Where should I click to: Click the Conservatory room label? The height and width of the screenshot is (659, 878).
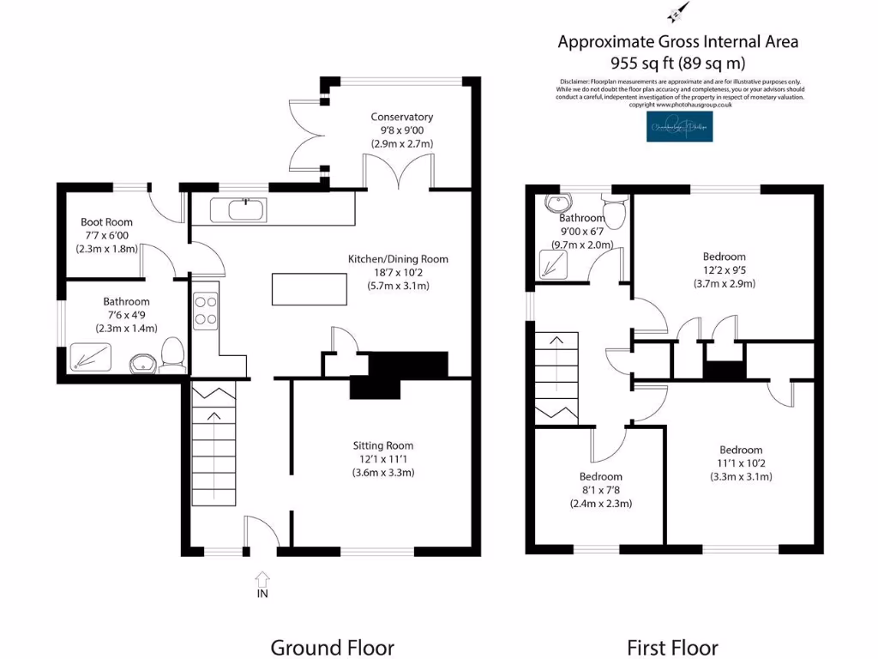pos(401,117)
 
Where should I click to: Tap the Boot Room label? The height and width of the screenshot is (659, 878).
pos(106,222)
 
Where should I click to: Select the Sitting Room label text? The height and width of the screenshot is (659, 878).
pos(382,445)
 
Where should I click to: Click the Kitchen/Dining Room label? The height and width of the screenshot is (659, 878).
pos(397,259)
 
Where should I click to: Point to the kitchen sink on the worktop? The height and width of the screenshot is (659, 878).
pos(245,208)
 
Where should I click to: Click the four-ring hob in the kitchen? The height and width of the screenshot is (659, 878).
pos(206,311)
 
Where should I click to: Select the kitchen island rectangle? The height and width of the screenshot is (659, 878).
pos(310,288)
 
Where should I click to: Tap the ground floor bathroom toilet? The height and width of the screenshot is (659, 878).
pos(174,353)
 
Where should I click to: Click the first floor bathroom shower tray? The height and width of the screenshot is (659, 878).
pos(559,263)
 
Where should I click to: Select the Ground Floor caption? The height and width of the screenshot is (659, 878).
pos(332,647)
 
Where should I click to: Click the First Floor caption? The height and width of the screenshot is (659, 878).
pos(672,647)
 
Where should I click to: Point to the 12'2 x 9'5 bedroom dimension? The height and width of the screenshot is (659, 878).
pos(724,269)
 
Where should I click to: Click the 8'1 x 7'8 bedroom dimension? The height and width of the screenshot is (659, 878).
pos(600,490)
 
